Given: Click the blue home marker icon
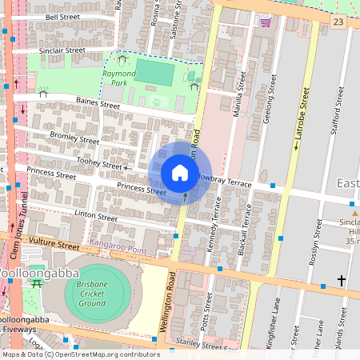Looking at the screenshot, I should click(x=180, y=173).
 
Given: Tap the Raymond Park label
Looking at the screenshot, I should click(x=118, y=78).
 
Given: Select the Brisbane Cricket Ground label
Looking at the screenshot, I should click(x=92, y=294).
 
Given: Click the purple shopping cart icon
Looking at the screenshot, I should click(x=265, y=22).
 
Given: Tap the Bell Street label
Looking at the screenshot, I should click(x=62, y=17).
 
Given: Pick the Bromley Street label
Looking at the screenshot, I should click(x=74, y=138).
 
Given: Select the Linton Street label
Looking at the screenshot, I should click(x=95, y=217).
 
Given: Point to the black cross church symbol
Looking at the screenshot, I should click(x=342, y=281).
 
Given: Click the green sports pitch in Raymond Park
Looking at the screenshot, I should click(x=154, y=74).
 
